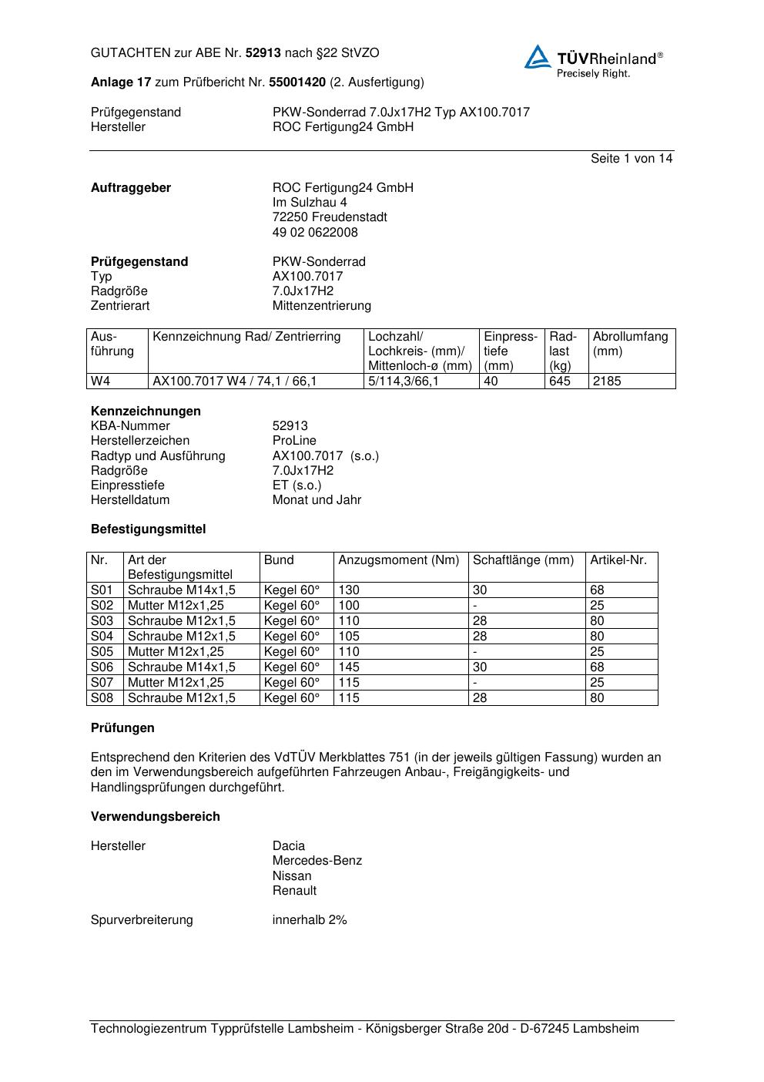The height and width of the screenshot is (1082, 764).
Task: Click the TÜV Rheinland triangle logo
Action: pos(538,57)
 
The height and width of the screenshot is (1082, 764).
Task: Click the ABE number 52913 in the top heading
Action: pos(263,53)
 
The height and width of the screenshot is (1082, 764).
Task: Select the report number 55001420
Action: pos(297,82)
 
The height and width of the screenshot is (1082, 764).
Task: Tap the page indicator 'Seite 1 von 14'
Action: pos(631,158)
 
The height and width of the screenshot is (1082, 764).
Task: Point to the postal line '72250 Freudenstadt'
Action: pos(330,217)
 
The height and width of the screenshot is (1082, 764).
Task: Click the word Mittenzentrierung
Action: pos(321,306)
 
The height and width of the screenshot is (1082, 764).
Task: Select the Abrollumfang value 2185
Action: pos(607,381)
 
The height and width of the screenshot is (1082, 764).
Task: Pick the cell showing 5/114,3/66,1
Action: pos(404,381)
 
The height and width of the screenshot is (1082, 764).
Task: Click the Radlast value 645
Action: pos(560,381)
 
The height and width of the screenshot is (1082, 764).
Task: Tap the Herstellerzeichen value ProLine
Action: pos(294,441)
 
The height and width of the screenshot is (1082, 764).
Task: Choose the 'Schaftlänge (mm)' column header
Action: pos(523,560)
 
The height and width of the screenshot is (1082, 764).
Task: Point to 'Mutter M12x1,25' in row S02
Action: pos(176,605)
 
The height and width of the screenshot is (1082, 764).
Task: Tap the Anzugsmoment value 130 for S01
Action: pos(349,590)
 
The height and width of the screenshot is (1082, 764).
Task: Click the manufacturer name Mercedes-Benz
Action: pos(317,861)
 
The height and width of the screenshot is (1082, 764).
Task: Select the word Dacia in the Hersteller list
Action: pos(289,845)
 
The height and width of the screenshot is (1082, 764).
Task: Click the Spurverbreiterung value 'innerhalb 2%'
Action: pos(310,919)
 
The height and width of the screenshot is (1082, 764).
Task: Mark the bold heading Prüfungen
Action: pos(122,727)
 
